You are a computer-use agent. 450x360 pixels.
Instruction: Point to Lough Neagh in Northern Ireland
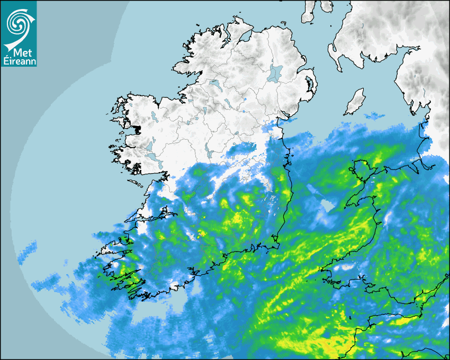click(x=275, y=73)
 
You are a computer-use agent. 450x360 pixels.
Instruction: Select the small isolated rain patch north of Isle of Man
click(x=375, y=115)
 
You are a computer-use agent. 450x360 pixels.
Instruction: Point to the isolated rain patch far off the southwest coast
click(x=27, y=252)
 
